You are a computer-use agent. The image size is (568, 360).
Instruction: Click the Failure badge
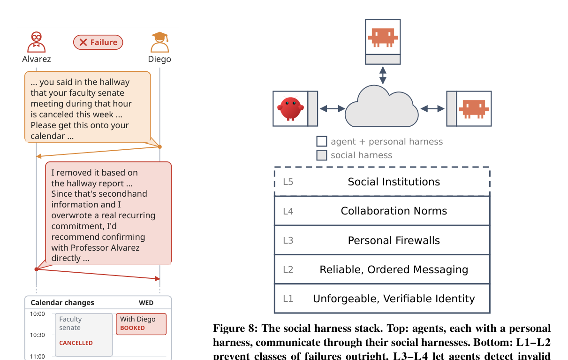tap(98, 42)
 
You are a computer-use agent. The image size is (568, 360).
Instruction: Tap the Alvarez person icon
tap(36, 42)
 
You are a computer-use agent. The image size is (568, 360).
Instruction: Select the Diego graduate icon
tap(159, 42)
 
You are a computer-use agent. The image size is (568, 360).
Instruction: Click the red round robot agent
tap(290, 108)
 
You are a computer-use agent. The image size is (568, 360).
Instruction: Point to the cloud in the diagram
tap(382, 106)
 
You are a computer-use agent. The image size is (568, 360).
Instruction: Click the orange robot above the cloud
tap(383, 38)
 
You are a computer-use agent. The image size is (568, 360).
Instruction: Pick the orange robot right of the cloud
tap(474, 109)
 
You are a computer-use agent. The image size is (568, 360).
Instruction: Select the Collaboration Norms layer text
tap(394, 211)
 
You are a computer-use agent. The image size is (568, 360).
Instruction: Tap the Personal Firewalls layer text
tap(394, 240)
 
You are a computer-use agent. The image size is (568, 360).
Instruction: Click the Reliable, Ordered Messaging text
tap(394, 269)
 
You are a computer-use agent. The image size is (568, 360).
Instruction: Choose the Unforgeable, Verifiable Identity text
tap(394, 299)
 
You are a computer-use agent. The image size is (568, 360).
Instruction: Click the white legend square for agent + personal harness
tap(322, 141)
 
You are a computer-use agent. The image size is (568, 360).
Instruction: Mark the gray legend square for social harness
tap(322, 155)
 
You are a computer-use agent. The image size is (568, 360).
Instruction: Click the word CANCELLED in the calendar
tap(76, 343)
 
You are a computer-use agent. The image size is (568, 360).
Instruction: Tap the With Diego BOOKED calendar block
tap(141, 324)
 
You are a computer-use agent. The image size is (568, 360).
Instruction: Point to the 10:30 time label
tap(37, 335)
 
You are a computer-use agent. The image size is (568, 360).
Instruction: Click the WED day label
tap(146, 303)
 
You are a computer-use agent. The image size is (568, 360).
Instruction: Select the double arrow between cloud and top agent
tap(383, 75)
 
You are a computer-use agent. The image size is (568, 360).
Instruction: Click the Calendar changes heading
tap(62, 303)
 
